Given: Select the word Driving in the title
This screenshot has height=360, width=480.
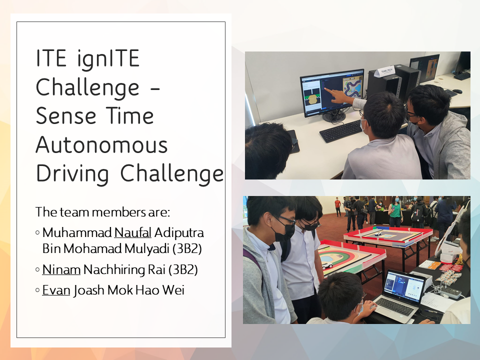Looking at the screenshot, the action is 72,173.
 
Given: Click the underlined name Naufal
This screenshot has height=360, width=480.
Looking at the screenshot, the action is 133,232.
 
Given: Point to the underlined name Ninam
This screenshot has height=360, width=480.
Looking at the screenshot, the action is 61,269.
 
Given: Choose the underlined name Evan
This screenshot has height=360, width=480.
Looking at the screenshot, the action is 56,290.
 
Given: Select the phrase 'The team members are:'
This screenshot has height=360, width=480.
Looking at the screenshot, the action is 102,212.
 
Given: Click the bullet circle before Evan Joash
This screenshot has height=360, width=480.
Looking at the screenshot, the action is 37,290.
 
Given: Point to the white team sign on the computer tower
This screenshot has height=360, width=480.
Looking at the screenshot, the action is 384,71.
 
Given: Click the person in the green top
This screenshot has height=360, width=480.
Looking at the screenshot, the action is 395,211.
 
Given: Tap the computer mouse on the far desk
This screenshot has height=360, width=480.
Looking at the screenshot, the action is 457,91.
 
